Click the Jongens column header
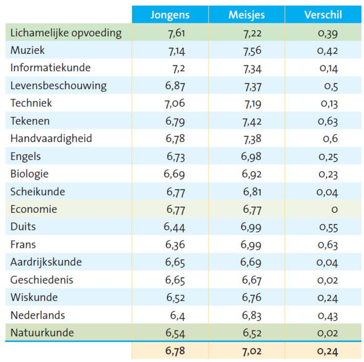[170, 15]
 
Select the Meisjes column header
[246, 15]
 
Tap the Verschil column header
[323, 15]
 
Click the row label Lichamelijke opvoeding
[66, 33]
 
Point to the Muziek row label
[28, 51]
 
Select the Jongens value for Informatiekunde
[178, 68]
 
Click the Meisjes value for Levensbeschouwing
[251, 86]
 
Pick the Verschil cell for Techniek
[329, 104]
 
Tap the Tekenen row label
[30, 121]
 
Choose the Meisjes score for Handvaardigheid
[251, 139]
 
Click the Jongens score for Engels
[175, 157]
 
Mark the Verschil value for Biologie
[328, 174]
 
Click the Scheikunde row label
[38, 192]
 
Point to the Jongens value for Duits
[175, 227]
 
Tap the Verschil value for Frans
[328, 245]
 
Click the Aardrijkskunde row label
[46, 262]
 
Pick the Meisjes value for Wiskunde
[251, 298]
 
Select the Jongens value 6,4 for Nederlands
[178, 315]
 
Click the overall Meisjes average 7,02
[251, 351]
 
